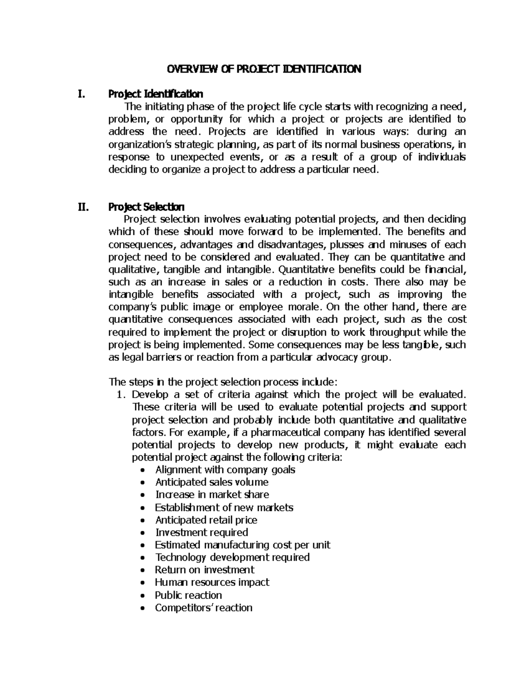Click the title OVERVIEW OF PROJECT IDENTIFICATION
tap(263, 69)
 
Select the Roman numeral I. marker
tap(80, 94)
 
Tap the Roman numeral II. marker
tap(82, 207)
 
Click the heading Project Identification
tap(156, 94)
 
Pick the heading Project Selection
tap(146, 207)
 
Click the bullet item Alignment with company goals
tap(225, 470)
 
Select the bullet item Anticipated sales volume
tap(212, 482)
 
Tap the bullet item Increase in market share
tap(212, 495)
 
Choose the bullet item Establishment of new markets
tap(224, 507)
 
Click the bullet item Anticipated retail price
tap(206, 520)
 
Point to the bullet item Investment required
tap(201, 532)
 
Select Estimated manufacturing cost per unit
tap(242, 545)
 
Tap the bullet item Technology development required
tap(232, 558)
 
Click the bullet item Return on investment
tap(205, 570)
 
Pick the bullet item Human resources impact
tap(212, 582)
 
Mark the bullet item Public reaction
tap(188, 595)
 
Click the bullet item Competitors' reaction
tap(204, 608)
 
